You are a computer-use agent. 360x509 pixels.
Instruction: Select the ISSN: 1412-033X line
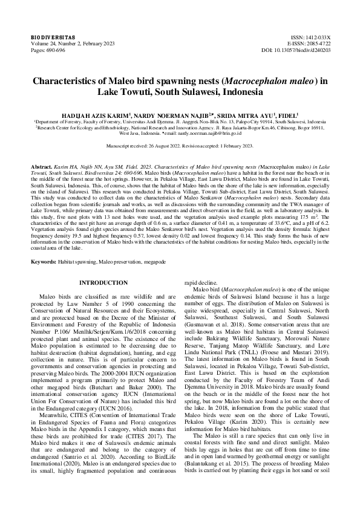(x=309, y=37)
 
